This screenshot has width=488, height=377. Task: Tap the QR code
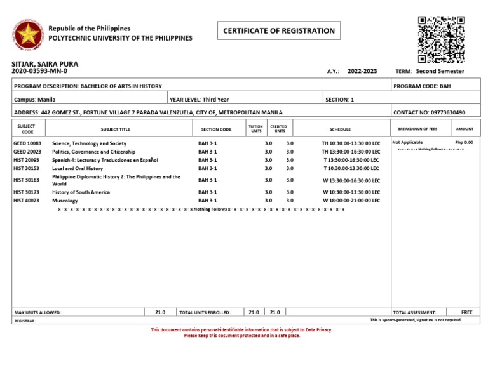tap(441, 39)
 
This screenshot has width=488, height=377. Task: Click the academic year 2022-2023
tap(362, 71)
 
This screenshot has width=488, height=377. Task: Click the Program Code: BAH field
tap(423, 86)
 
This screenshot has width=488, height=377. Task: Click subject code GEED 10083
tap(27, 143)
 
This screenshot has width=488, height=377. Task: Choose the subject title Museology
tap(65, 201)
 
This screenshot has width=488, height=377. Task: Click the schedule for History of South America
tap(351, 192)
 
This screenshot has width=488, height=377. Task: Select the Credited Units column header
tap(280, 129)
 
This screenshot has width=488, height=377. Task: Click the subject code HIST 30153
tap(27, 168)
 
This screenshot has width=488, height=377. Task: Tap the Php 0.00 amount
tap(464, 143)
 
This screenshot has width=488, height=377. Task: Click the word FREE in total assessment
tap(467, 312)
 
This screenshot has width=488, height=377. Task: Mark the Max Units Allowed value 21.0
tap(160, 312)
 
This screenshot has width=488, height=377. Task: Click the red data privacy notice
tap(241, 333)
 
